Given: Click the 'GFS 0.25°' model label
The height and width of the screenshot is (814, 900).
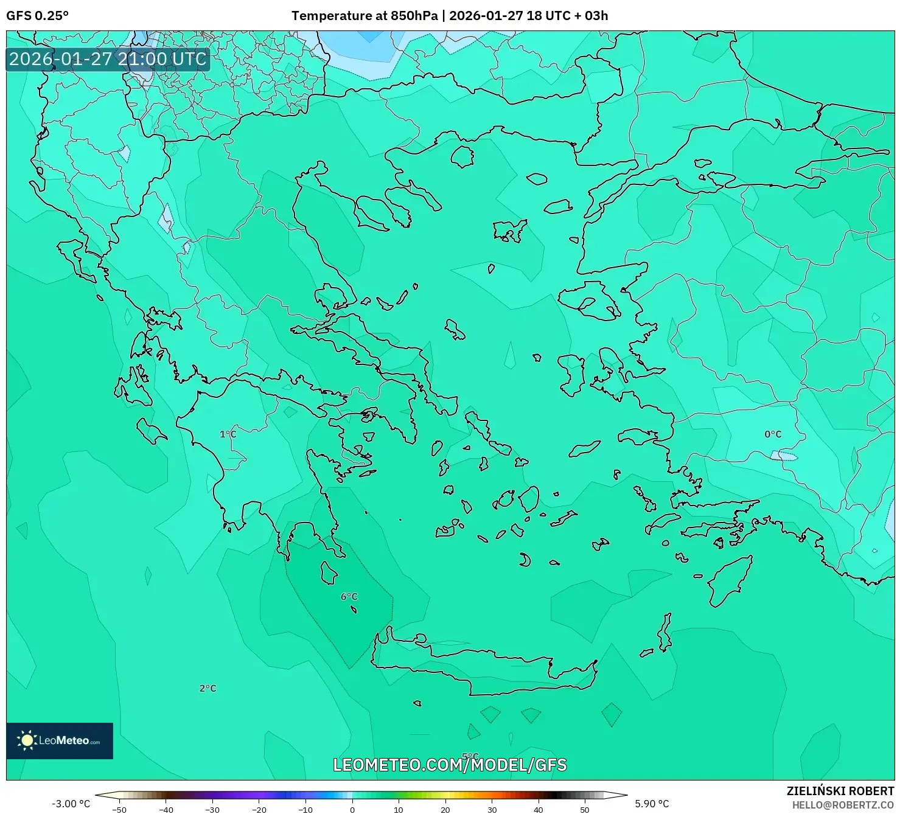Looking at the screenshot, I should point(37,16).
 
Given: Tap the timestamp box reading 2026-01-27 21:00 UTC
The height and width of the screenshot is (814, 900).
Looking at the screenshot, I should point(108,59).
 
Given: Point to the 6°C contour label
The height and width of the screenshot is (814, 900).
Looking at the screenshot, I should point(349,597).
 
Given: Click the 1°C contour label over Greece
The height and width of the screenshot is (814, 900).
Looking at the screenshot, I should point(228,434).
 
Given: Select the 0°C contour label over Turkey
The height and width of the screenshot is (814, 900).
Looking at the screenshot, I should point(773,434).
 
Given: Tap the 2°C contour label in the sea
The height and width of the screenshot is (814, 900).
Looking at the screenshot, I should point(208,689).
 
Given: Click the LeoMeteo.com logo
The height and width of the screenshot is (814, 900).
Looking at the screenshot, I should point(60,740).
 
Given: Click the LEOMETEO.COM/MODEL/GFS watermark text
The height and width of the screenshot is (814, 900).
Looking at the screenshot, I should point(450,765).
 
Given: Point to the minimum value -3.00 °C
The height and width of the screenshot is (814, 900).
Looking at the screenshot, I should point(71,804).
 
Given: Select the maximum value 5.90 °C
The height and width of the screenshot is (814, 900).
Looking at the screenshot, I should point(652,804).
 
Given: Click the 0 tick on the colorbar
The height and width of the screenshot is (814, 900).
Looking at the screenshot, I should point(352,809).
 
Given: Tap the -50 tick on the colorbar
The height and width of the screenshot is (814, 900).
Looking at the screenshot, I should point(119,809).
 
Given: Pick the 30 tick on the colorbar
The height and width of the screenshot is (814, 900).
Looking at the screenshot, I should point(492,809).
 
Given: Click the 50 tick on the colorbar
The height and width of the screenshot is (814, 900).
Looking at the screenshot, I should point(585,809).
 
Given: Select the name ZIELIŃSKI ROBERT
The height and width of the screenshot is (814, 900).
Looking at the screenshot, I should point(840,791).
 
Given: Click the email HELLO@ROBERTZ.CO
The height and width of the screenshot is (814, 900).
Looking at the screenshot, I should point(843,805).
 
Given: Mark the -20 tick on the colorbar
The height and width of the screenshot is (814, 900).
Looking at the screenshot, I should point(259,809).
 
